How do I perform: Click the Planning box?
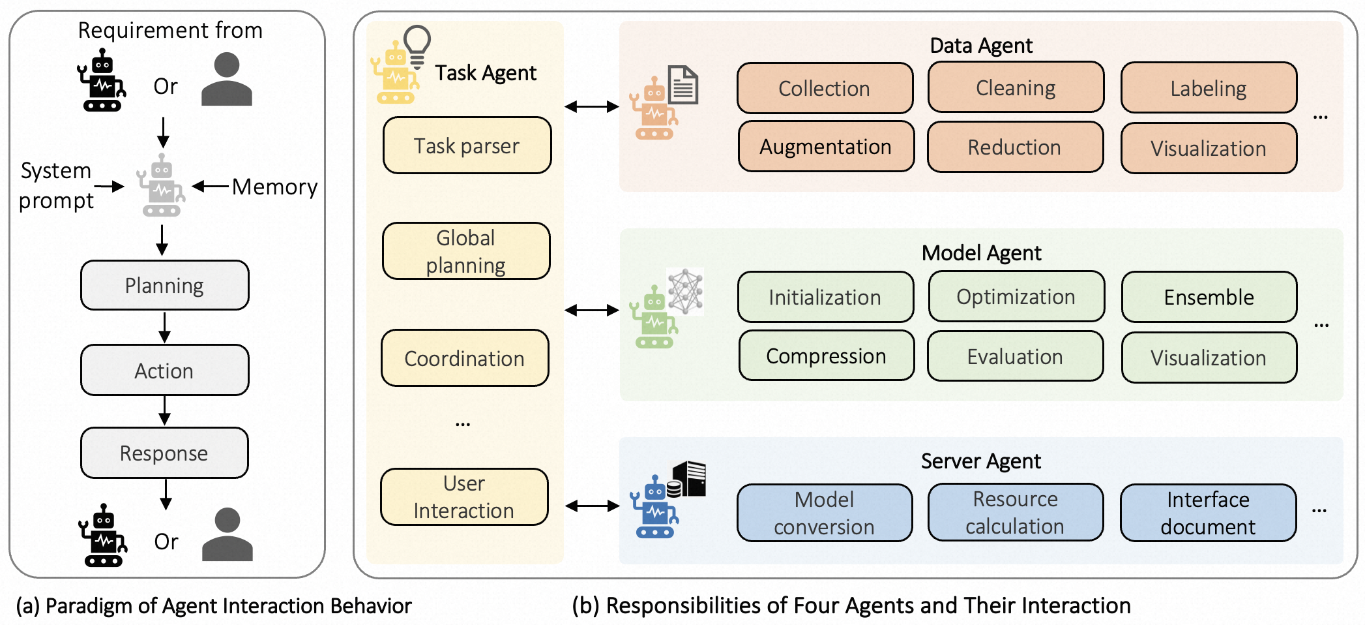165,285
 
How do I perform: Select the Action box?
165,370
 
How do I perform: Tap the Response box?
164,453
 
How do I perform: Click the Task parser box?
467,145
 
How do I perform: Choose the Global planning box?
466,251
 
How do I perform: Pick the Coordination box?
465,358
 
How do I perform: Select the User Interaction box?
464,496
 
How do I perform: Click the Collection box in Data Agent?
825,88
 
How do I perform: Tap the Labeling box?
1209,87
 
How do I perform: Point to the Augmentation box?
826,146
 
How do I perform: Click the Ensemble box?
1209,297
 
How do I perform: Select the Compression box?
827,356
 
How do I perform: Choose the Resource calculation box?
1016,512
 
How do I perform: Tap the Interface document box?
1209,513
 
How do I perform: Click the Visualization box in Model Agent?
1209,358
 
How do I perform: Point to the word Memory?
274,187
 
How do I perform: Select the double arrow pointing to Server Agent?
592,506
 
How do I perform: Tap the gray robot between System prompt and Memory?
161,185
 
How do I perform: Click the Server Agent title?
981,461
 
